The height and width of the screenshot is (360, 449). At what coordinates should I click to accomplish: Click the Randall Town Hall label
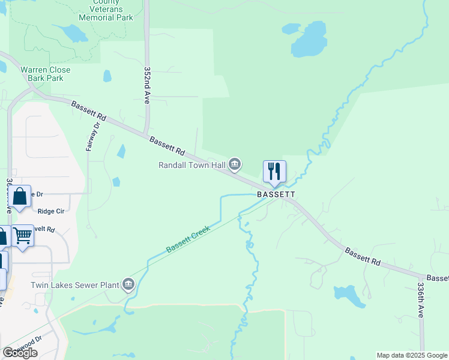click(x=192, y=165)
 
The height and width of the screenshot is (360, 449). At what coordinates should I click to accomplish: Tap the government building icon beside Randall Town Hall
click(x=235, y=164)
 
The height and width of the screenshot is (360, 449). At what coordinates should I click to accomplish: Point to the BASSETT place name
click(x=276, y=195)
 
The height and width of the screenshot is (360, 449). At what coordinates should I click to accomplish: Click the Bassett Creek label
click(x=188, y=239)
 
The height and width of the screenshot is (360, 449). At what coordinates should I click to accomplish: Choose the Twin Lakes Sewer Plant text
click(x=76, y=284)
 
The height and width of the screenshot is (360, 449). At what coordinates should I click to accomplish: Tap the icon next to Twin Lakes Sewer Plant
click(x=128, y=284)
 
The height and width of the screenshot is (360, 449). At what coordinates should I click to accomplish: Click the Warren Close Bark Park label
click(x=46, y=74)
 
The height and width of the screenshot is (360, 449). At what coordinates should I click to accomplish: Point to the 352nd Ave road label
click(x=146, y=85)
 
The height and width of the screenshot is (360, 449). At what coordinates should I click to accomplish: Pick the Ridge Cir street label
click(x=51, y=211)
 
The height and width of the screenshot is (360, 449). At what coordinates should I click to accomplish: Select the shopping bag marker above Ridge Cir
click(x=20, y=196)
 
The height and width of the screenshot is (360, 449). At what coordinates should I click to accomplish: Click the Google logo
click(x=20, y=353)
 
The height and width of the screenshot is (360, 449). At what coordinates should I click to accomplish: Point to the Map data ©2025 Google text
click(x=412, y=355)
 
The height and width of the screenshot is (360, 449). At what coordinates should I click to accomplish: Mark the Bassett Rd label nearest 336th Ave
click(x=363, y=257)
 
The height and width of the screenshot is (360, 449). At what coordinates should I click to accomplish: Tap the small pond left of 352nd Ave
click(x=107, y=76)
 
